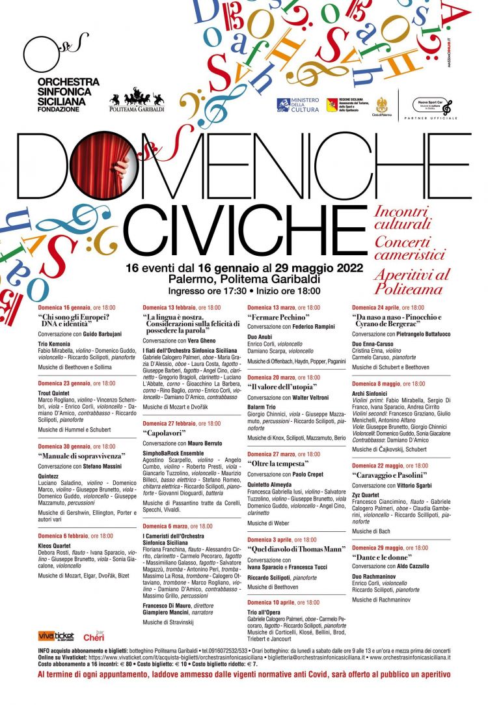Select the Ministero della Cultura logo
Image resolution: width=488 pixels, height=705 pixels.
(298, 105)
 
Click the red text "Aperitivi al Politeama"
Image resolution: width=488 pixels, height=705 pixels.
(411, 281)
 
